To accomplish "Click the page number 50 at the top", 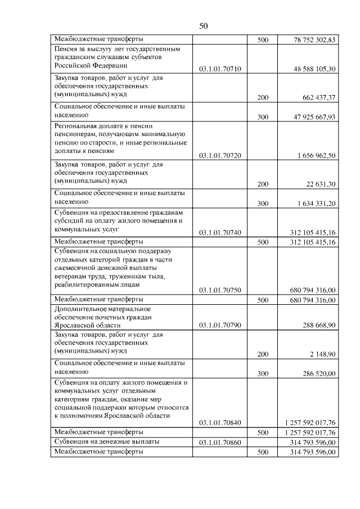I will [x=204, y=26].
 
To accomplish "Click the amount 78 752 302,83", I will [x=314, y=40].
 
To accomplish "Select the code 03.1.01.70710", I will [x=220, y=69].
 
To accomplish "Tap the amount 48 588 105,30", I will [x=314, y=69].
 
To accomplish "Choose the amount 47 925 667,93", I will [x=314, y=117].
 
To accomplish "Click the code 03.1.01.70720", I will [x=220, y=155].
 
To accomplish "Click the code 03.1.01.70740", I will [x=220, y=232].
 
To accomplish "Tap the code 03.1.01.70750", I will [x=220, y=290].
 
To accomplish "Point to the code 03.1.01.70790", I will [x=220, y=325].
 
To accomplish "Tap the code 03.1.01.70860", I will [x=220, y=442].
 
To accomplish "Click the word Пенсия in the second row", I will [x=66, y=49].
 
